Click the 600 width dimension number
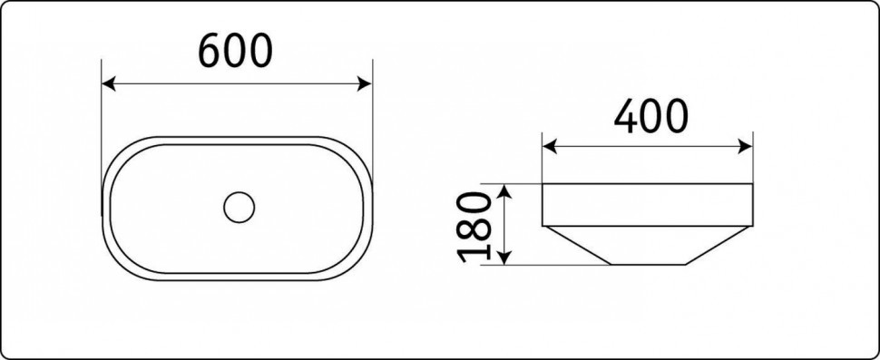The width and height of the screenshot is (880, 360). point(235,53)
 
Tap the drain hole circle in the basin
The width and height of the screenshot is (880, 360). point(240,206)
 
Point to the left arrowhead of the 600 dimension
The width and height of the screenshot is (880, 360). point(108,84)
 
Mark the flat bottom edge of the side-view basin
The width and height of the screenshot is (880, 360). point(648,265)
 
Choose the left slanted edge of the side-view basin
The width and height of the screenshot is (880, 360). point(577,246)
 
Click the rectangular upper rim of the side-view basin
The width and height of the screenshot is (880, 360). point(648,205)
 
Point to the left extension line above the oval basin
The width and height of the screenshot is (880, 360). point(102,109)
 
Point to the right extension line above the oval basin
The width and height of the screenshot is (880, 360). point(372,109)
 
